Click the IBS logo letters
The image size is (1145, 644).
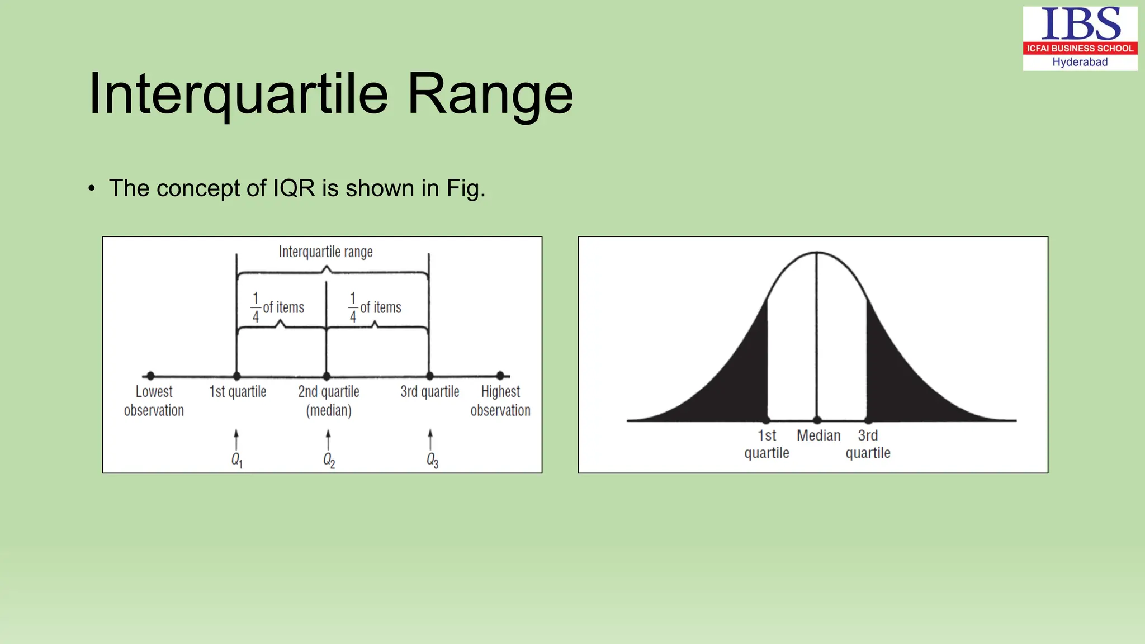pos(1080,24)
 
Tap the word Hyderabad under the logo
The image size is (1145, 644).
pos(1080,62)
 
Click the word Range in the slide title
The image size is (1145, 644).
pos(490,94)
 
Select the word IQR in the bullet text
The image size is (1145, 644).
pos(294,188)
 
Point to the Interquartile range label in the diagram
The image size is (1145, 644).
pos(325,252)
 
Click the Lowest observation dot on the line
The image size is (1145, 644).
pos(150,376)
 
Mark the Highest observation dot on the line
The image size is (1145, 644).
pos(500,376)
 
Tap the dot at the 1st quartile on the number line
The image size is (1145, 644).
pos(237,376)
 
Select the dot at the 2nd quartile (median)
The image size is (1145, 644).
pos(327,376)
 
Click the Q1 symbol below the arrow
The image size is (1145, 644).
pos(236,460)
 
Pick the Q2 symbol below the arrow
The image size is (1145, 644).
pos(329,460)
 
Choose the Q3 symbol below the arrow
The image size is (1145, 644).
pos(432,460)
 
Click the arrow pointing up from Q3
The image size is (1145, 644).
pos(430,439)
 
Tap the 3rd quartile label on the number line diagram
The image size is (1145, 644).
pos(429,392)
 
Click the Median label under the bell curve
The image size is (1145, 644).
pos(818,435)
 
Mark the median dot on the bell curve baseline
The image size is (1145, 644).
pos(817,420)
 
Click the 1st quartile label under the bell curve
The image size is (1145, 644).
pos(767,444)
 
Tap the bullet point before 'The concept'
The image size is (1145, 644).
pos(92,188)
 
